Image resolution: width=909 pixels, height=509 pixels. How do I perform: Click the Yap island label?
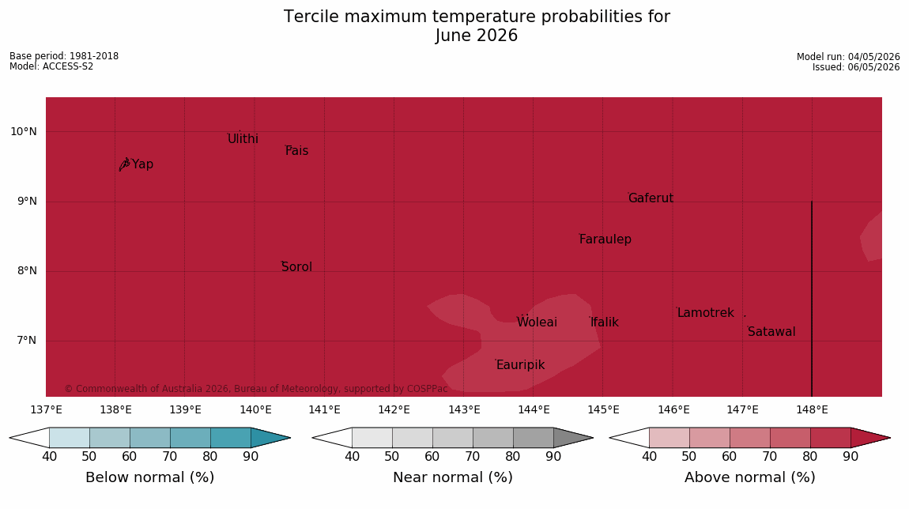pos(142,164)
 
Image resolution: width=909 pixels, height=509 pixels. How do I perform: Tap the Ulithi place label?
pos(243,139)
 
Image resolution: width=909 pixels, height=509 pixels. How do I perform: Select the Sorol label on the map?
pos(297,267)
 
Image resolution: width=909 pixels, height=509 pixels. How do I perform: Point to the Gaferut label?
pos(651,198)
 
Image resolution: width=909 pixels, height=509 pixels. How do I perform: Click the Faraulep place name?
pos(605,239)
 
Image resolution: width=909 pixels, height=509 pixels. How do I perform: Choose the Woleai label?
pos(537,322)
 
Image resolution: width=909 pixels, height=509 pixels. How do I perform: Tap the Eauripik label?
pos(521,365)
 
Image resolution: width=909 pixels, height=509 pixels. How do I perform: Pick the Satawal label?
pos(771,332)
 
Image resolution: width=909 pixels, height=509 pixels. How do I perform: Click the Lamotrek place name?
pos(706,313)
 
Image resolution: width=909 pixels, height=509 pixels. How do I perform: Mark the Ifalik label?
pos(605,322)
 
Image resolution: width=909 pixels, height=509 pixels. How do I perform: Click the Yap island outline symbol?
pos(124,164)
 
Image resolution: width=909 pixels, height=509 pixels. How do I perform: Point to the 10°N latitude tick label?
pos(24,132)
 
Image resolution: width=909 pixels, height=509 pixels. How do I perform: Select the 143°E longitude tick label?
pos(464,410)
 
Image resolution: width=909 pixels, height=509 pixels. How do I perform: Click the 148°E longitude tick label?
pos(813,410)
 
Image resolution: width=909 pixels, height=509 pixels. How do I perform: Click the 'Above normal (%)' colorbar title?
pos(749,477)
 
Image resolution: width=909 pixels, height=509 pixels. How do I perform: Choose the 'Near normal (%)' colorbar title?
pos(453,477)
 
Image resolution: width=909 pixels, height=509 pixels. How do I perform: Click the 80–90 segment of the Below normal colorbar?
pos(231,437)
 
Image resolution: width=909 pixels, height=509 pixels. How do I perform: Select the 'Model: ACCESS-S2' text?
pos(51,66)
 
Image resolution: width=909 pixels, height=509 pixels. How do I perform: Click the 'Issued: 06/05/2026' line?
pos(856,67)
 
